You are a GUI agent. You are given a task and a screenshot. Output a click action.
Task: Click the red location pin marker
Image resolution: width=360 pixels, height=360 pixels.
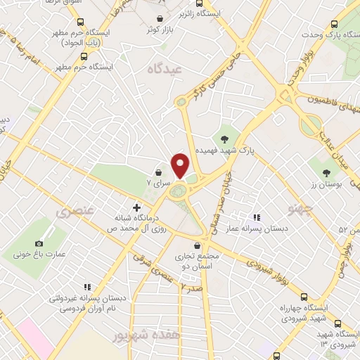click(180, 165)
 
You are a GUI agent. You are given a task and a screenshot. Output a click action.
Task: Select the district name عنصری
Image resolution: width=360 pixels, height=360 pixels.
click(72, 210)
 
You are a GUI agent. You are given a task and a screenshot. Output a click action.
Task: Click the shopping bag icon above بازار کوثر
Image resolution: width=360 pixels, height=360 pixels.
click(160, 19)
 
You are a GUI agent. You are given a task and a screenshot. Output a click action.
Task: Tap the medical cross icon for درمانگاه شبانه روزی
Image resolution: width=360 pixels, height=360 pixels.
click(137, 208)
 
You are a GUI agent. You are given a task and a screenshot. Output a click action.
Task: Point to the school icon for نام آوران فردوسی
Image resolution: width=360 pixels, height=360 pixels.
click(86, 286)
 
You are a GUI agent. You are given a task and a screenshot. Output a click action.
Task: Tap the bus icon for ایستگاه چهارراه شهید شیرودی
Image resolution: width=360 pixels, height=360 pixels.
click(304, 297)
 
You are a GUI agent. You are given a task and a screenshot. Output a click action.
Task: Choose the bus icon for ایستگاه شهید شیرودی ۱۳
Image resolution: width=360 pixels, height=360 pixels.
click(339, 323)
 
